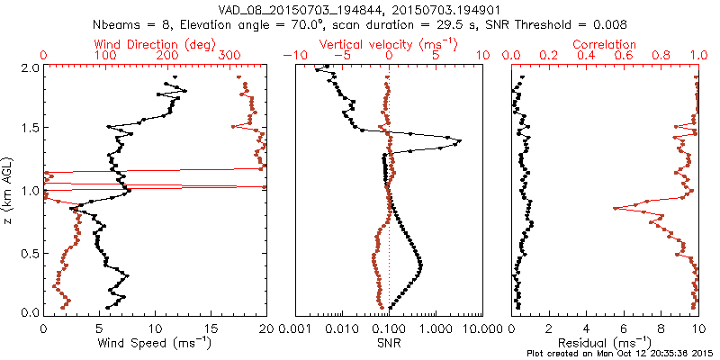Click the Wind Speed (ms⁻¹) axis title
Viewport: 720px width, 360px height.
(155, 341)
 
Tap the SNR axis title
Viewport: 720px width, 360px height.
(389, 341)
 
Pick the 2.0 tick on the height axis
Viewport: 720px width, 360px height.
(29, 67)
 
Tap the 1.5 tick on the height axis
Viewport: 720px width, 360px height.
(29, 129)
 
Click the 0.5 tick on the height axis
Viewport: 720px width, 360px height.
(29, 252)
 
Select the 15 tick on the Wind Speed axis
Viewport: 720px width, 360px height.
(211, 328)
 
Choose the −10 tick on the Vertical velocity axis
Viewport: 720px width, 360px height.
(292, 56)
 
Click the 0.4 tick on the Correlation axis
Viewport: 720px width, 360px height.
(586, 56)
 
